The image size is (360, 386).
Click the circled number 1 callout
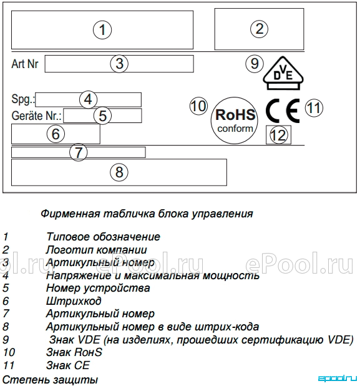pyautogui.click(x=102, y=30)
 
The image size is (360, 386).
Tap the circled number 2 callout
pyautogui.click(x=259, y=29)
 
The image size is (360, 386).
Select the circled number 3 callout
pyautogui.click(x=119, y=63)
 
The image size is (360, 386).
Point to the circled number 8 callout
pyautogui.click(x=119, y=172)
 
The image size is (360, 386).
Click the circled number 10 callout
pyautogui.click(x=198, y=106)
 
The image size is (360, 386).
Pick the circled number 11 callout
pyautogui.click(x=314, y=108)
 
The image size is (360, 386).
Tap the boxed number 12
pyautogui.click(x=278, y=135)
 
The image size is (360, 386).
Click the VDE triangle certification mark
pyautogui.click(x=283, y=73)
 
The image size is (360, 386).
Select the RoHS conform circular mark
pyautogui.click(x=235, y=121)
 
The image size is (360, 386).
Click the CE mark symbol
pyautogui.click(x=283, y=111)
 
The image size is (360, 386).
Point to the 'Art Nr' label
pyautogui.click(x=25, y=64)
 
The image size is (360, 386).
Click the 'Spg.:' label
pyautogui.click(x=23, y=99)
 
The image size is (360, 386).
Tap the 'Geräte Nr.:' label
pyautogui.click(x=36, y=116)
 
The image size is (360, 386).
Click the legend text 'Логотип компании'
pyautogui.click(x=96, y=250)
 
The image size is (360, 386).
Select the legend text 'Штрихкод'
pyautogui.click(x=74, y=301)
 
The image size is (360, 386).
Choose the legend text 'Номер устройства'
pyautogui.click(x=98, y=288)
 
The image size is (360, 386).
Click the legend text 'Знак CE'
pyautogui.click(x=67, y=365)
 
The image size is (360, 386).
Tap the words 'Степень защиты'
pyautogui.click(x=50, y=379)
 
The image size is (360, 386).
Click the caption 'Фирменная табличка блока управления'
pyautogui.click(x=147, y=214)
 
